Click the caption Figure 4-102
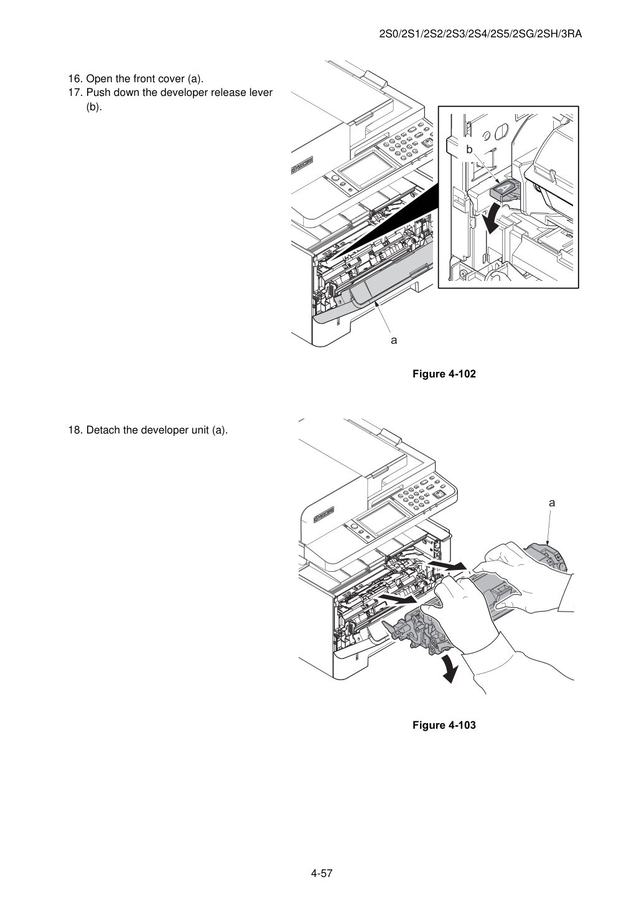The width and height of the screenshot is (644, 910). pyautogui.click(x=444, y=374)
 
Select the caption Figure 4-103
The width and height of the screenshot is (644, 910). pyautogui.click(x=444, y=725)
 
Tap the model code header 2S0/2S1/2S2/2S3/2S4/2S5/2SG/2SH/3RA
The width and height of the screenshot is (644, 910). pyautogui.click(x=480, y=34)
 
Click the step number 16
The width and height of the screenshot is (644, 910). pyautogui.click(x=75, y=78)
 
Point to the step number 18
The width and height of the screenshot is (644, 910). pyautogui.click(x=75, y=430)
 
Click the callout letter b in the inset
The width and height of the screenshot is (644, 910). pyautogui.click(x=470, y=149)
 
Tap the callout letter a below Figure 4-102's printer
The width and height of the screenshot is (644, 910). pyautogui.click(x=394, y=341)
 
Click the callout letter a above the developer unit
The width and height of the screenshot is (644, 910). pyautogui.click(x=552, y=503)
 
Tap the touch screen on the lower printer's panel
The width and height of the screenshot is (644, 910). pyautogui.click(x=381, y=522)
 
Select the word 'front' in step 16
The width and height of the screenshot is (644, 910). pyautogui.click(x=144, y=78)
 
